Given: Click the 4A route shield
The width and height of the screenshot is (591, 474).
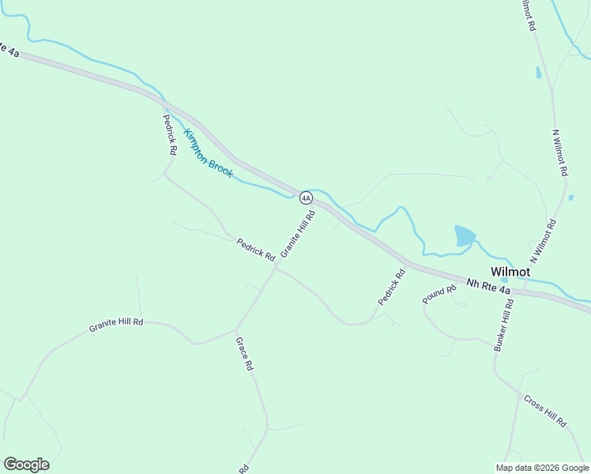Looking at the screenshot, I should click(x=305, y=197).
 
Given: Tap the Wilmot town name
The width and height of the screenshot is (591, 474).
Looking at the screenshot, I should click(x=510, y=272).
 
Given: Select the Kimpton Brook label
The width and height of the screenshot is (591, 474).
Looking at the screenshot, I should click(x=209, y=153).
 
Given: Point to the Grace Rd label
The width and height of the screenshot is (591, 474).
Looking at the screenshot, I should click(x=244, y=354).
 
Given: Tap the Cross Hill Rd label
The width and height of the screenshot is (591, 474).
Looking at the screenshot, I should click(x=545, y=411).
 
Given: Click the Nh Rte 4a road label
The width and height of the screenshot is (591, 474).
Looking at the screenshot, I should click(x=488, y=286).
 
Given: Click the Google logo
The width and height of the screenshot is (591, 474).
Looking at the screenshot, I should click(x=26, y=465).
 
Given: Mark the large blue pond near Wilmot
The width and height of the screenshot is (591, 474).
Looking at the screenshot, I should click(x=465, y=235).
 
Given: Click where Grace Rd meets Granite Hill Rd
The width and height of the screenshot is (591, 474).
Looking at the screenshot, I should click(x=236, y=329).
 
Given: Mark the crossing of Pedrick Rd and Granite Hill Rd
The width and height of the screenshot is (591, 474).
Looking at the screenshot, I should click(x=276, y=268).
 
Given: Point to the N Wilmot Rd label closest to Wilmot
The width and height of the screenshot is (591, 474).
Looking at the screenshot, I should click(x=544, y=241).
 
